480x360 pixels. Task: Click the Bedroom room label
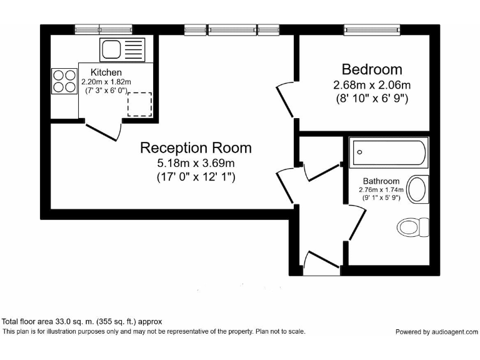click(371, 69)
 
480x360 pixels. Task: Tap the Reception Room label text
click(196, 148)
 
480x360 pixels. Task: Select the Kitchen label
click(106, 73)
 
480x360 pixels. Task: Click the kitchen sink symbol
click(122, 49)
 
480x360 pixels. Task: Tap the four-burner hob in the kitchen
click(63, 81)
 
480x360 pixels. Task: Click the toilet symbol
click(414, 226)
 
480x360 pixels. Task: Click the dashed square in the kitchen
click(139, 104)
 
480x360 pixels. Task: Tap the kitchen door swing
click(103, 131)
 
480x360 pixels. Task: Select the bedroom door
click(286, 100)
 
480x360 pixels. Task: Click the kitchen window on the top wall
click(103, 29)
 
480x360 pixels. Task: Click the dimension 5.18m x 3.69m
click(196, 164)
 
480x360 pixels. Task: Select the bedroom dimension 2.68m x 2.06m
click(371, 85)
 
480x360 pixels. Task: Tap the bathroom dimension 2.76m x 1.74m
click(381, 190)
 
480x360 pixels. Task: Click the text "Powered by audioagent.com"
click(436, 332)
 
